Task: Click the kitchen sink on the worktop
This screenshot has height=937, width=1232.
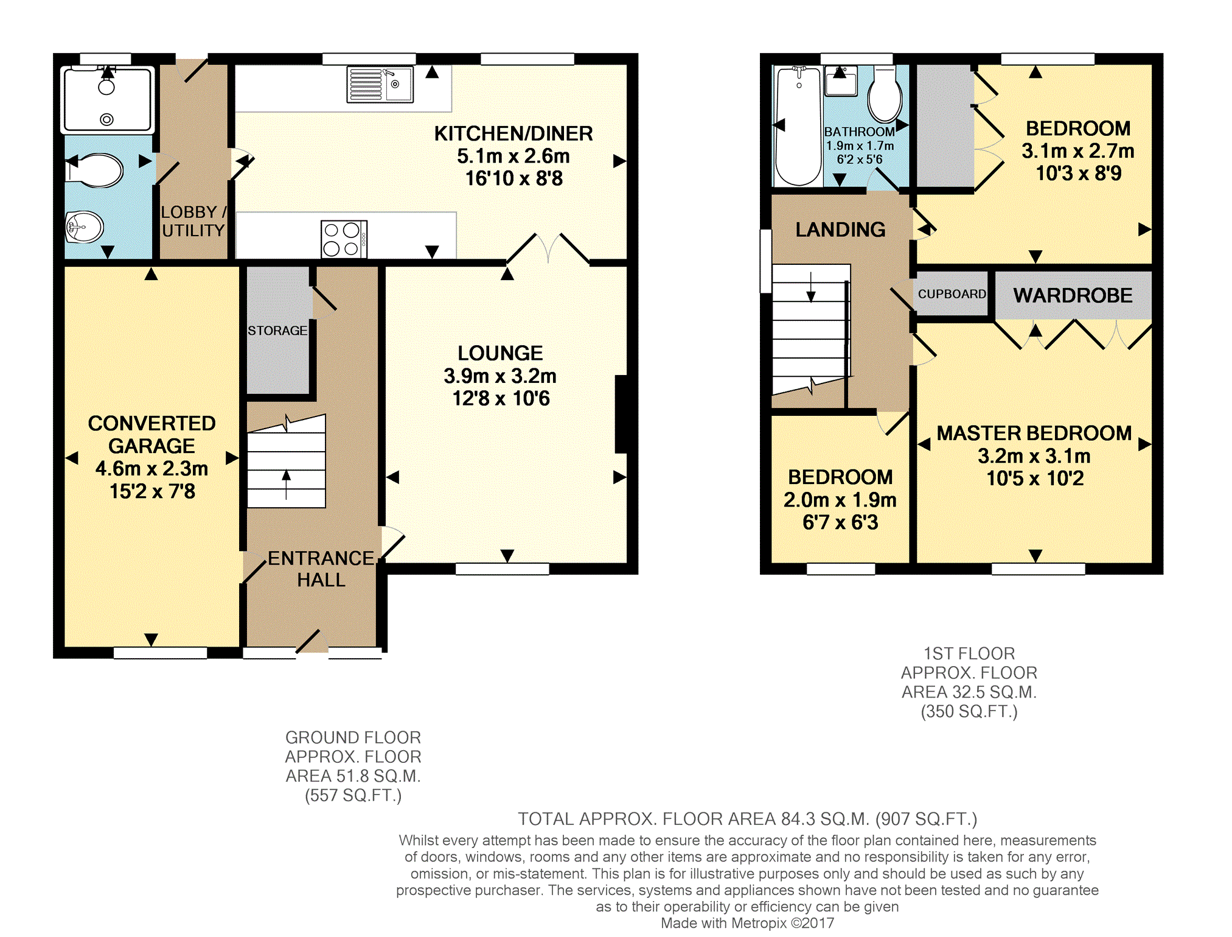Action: pyautogui.click(x=380, y=84)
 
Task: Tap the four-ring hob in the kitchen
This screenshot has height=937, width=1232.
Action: pyautogui.click(x=344, y=239)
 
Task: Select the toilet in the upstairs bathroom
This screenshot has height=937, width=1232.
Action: pyautogui.click(x=885, y=95)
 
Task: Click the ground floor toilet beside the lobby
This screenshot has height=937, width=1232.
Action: pyautogui.click(x=94, y=170)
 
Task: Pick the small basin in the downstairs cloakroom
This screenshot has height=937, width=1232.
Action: pyautogui.click(x=85, y=227)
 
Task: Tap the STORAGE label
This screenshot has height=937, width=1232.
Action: pyautogui.click(x=277, y=331)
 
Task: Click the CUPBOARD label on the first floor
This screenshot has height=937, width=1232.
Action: pyautogui.click(x=952, y=294)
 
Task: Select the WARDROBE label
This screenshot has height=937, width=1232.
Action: pyautogui.click(x=1073, y=295)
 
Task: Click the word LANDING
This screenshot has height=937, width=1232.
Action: pyautogui.click(x=840, y=230)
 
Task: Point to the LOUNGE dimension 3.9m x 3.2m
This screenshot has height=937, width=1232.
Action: pyautogui.click(x=500, y=376)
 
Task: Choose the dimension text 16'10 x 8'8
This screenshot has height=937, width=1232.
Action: pyautogui.click(x=514, y=178)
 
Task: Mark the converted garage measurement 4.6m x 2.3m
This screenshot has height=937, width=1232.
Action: pyautogui.click(x=151, y=468)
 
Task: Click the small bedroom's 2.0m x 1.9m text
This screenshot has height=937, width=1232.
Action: pyautogui.click(x=840, y=500)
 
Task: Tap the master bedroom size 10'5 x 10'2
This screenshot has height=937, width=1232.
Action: pyautogui.click(x=1035, y=478)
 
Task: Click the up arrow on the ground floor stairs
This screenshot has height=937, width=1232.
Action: pyautogui.click(x=287, y=485)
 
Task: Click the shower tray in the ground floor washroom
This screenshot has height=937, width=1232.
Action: pyautogui.click(x=107, y=100)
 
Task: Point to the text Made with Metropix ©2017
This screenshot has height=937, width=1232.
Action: pyautogui.click(x=747, y=923)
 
